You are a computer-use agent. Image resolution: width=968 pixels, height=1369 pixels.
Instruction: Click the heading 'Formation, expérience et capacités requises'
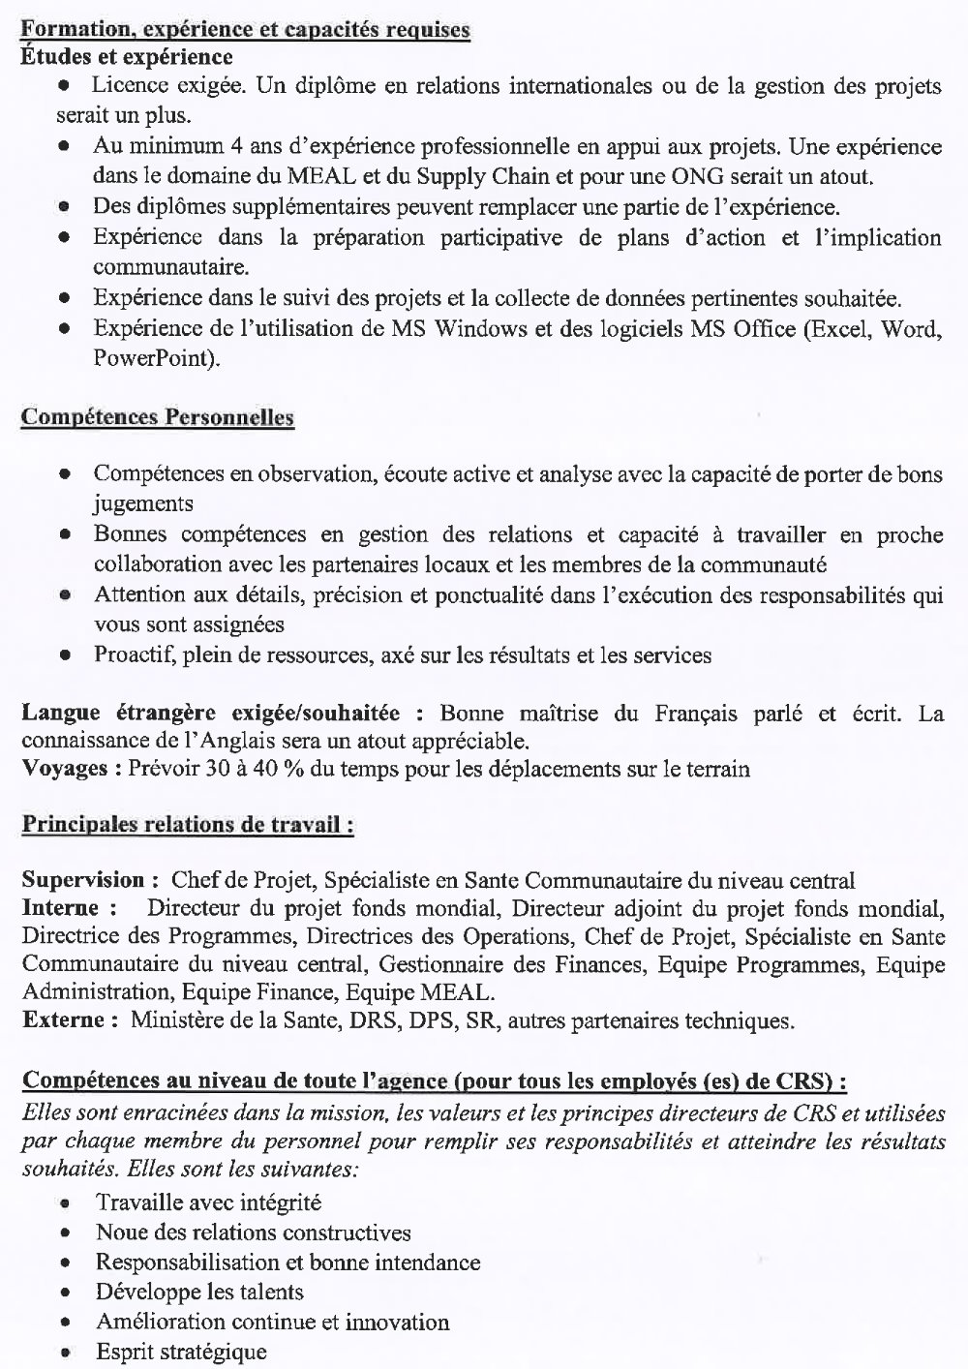pyautogui.click(x=245, y=30)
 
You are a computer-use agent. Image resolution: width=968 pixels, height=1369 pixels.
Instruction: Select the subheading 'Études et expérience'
pyautogui.click(x=126, y=57)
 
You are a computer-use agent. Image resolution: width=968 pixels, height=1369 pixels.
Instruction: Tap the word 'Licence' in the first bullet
pyautogui.click(x=127, y=87)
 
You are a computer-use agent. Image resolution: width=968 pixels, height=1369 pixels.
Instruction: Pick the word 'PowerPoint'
pyautogui.click(x=156, y=358)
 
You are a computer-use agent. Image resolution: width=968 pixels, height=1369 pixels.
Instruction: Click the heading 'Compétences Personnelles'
pyautogui.click(x=158, y=417)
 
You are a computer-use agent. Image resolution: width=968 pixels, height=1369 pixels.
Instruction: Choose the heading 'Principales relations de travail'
pyautogui.click(x=186, y=826)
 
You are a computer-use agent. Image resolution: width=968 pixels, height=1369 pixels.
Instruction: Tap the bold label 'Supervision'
pyautogui.click(x=82, y=881)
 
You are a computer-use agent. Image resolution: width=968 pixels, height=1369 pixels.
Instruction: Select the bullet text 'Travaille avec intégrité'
pyautogui.click(x=208, y=1202)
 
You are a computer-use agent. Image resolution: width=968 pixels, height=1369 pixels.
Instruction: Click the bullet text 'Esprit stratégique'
pyautogui.click(x=181, y=1352)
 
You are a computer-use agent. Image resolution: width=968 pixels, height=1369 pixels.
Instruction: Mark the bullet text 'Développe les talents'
pyautogui.click(x=199, y=1292)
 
